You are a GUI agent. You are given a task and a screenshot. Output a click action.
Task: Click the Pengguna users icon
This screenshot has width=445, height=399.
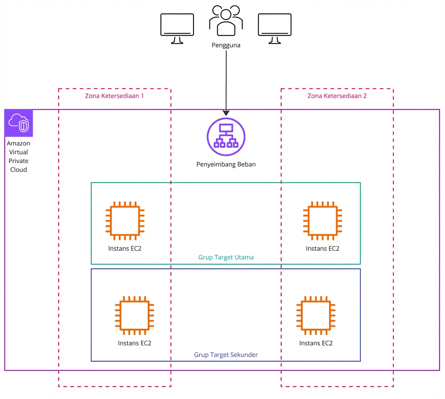(226, 21)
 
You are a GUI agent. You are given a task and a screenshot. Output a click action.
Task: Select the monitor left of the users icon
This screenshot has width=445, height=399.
(177, 28)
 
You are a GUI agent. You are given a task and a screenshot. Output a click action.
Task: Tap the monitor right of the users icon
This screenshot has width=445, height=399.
(274, 28)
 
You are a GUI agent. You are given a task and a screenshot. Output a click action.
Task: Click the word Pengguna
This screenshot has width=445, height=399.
(226, 45)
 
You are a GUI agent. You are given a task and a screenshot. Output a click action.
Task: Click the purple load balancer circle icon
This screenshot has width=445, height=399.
(226, 137)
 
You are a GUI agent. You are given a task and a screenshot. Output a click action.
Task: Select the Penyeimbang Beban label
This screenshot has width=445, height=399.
(226, 165)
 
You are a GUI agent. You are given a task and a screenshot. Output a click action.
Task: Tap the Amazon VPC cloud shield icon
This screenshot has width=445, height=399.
(19, 123)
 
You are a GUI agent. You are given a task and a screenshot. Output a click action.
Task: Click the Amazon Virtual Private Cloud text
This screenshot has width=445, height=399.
(19, 157)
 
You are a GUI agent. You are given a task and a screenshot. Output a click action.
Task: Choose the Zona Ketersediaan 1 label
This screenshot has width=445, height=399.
(114, 96)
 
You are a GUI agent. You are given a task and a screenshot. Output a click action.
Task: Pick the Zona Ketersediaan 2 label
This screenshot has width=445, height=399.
(337, 96)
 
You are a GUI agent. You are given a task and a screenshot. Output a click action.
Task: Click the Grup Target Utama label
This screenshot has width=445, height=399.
(226, 258)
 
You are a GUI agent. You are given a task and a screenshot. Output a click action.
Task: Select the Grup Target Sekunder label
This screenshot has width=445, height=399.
(226, 355)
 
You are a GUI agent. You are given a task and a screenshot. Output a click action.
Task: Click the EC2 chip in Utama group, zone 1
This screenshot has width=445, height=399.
(125, 221)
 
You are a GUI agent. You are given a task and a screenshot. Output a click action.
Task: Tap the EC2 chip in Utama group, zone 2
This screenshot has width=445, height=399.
(322, 221)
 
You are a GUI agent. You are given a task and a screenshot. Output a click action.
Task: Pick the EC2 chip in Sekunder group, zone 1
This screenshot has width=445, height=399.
(135, 316)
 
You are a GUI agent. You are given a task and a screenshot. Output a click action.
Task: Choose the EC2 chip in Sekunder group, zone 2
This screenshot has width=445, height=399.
(316, 316)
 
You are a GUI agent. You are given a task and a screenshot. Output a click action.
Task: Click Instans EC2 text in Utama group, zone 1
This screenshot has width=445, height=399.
(125, 249)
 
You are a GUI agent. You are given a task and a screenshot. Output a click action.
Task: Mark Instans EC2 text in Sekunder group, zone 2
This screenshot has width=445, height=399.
(316, 343)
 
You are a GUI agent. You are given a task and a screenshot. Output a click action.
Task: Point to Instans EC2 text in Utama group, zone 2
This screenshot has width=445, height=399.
(322, 249)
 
